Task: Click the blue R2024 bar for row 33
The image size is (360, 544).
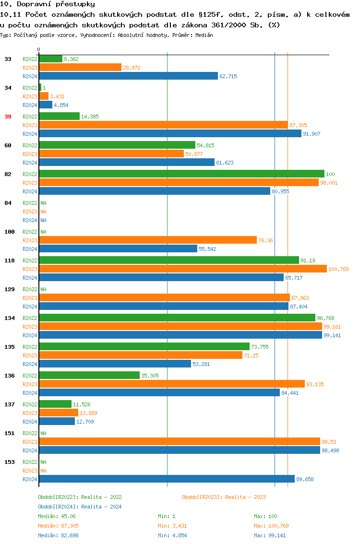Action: [x=128, y=76]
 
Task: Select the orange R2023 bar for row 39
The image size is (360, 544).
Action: [x=163, y=125]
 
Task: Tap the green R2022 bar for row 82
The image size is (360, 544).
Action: [x=181, y=174]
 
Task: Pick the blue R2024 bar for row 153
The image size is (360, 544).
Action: [x=167, y=479]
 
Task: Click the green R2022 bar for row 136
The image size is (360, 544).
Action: [x=89, y=375]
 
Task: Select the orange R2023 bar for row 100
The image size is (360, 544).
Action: [x=148, y=240]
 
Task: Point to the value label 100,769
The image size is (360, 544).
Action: [x=338, y=269]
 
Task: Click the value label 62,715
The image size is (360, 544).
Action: [x=228, y=76]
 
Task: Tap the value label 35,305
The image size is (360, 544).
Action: [x=150, y=376]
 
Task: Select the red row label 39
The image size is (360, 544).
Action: [x=8, y=117]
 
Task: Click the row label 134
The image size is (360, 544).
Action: [x=10, y=318]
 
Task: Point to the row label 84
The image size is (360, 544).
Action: [x=8, y=203]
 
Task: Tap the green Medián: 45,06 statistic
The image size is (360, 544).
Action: [x=57, y=516]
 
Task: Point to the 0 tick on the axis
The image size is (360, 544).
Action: [x=39, y=49]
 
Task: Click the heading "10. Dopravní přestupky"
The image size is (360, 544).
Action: [x=48, y=4]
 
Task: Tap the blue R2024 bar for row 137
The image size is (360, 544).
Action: [x=57, y=421]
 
